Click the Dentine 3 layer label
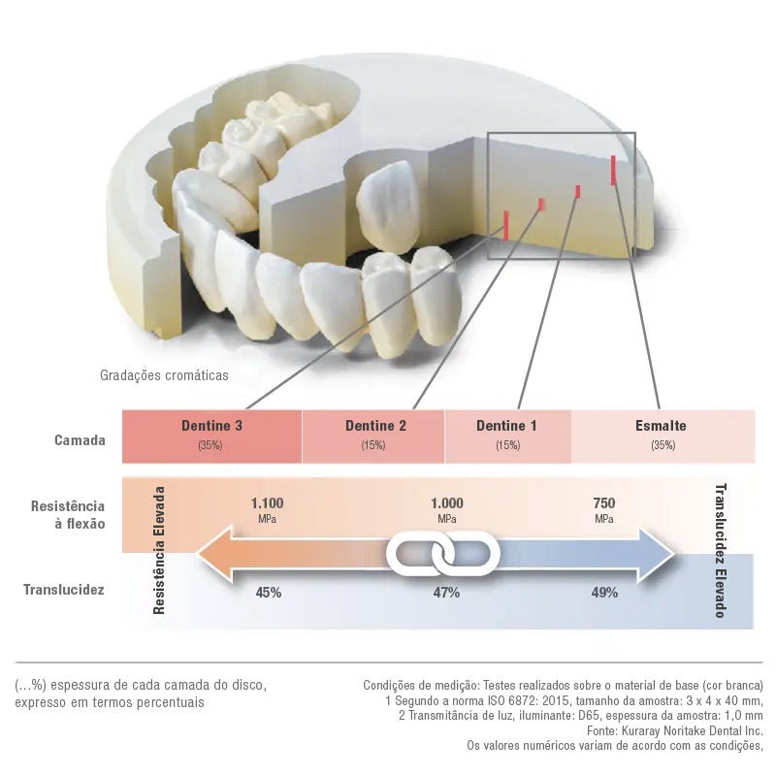point(211,426)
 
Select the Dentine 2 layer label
point(375,426)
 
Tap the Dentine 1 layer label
point(506,426)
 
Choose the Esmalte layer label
point(661,426)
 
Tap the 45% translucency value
point(269,592)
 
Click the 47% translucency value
point(446,592)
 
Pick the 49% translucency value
point(604,592)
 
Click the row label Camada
point(80,439)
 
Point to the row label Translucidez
point(64,589)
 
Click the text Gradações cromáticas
point(164,374)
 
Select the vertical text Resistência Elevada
point(160,550)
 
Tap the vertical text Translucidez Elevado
point(720,550)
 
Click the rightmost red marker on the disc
point(614,169)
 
